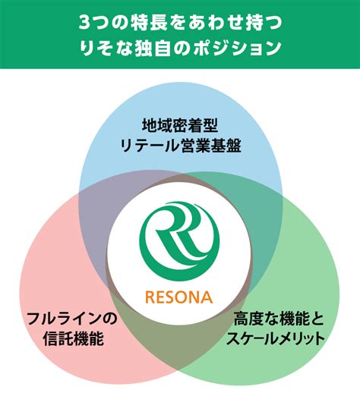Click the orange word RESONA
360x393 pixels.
pyautogui.click(x=179, y=297)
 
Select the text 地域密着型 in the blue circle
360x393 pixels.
pyautogui.click(x=180, y=126)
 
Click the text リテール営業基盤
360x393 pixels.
pyautogui.click(x=180, y=146)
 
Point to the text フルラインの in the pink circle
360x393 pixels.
pyautogui.click(x=72, y=319)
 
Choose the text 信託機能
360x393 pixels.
pyautogui.click(x=74, y=338)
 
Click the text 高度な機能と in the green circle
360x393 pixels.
pyautogui.click(x=279, y=319)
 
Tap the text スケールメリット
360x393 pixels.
pyautogui.click(x=276, y=338)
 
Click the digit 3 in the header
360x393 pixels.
pyautogui.click(x=84, y=23)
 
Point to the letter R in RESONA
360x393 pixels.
pyautogui.click(x=150, y=297)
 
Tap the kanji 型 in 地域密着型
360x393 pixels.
pyautogui.click(x=210, y=126)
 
